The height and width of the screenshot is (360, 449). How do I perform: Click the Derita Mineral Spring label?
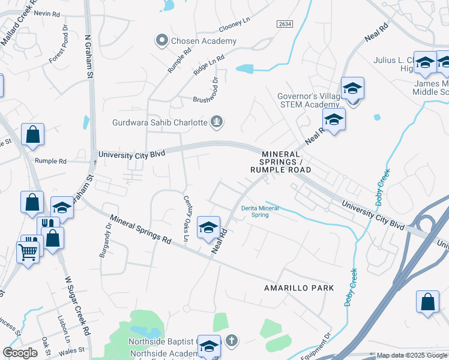click(255, 211)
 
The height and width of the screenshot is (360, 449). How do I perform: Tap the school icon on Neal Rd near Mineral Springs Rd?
click(208, 227)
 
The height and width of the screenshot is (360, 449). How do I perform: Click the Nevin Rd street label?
click(46, 13)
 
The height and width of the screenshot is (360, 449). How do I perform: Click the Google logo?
click(20, 353)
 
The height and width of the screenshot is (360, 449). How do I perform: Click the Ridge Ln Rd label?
click(208, 63)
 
